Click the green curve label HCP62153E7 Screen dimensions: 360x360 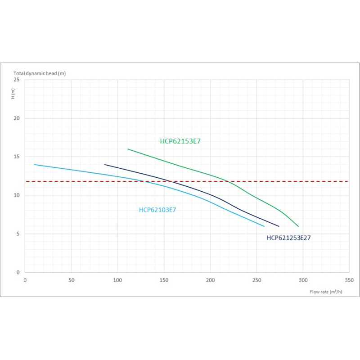pos(180,141)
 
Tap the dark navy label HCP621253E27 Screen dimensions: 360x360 pos(288,238)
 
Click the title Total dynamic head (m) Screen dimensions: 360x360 pos(40,73)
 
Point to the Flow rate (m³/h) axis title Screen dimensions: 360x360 pos(326,292)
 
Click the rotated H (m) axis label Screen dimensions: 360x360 pos(13,94)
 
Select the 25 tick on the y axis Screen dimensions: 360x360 pos(17,80)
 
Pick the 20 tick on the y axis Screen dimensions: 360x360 pos(17,118)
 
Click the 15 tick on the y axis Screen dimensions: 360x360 pos(17,157)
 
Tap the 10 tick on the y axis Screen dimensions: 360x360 pos(17,195)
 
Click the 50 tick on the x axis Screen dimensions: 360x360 pos(71,280)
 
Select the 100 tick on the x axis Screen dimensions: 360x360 pos(117,280)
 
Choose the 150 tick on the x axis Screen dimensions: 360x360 pos(164,280)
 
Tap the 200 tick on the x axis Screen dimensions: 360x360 pos(210,280)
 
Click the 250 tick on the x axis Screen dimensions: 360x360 pos(256,280)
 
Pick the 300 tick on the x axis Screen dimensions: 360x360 pos(303,280)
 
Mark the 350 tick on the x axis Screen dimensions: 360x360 pos(349,280)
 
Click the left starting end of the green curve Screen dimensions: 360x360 pos(128,149)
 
